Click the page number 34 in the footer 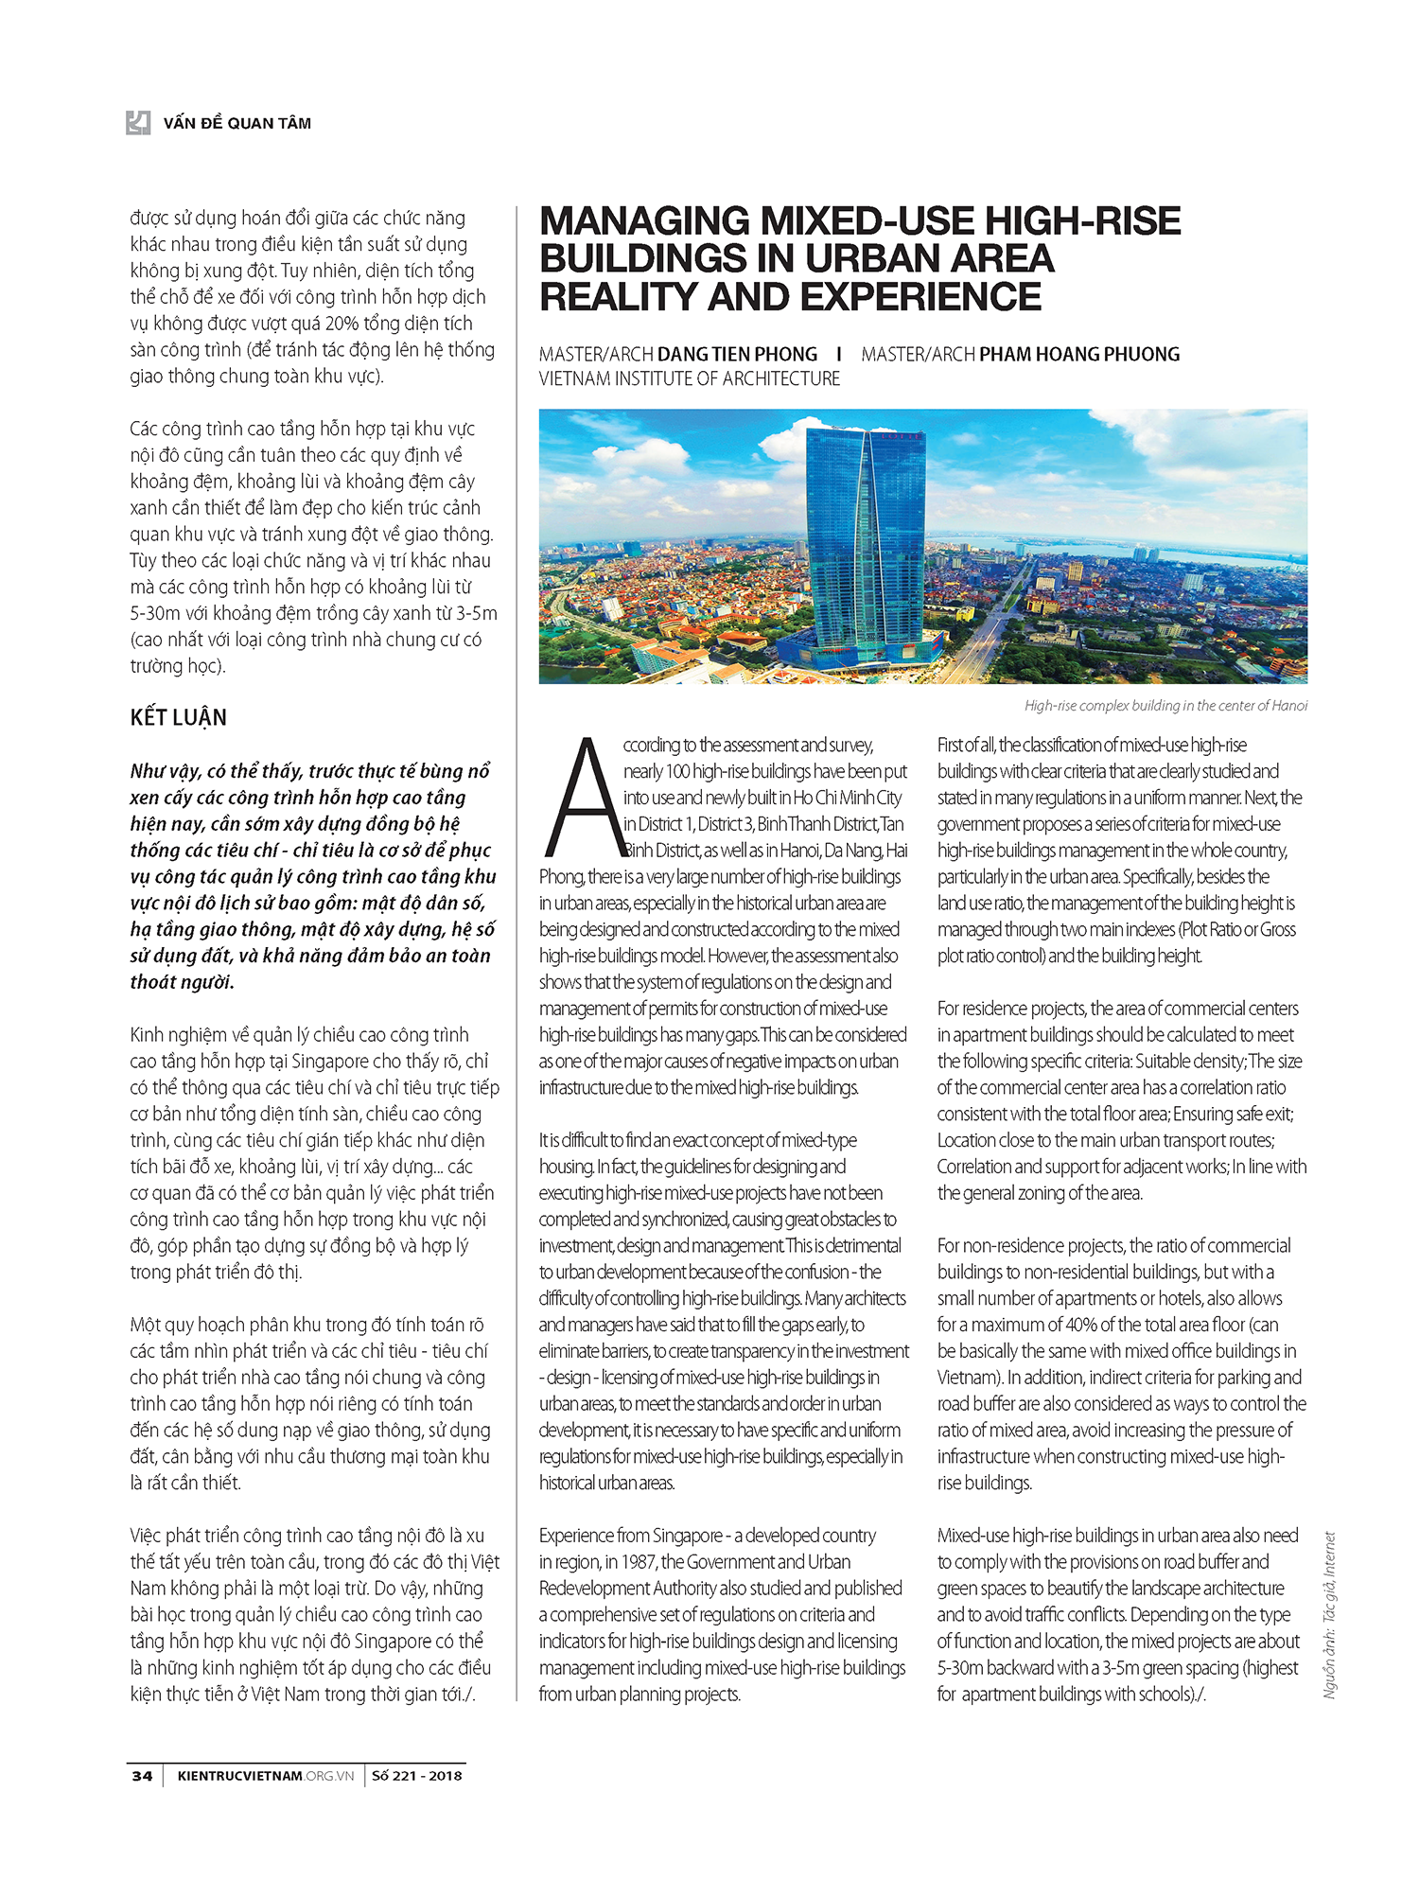142,1776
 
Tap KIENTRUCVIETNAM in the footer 239,1776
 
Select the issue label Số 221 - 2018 416,1776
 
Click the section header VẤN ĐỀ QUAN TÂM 236,123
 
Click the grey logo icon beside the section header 138,122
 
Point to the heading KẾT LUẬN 179,717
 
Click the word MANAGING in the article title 645,221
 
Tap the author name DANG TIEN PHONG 737,355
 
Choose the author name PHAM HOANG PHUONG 1079,355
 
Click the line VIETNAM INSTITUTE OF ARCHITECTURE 690,379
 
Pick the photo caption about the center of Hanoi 1165,706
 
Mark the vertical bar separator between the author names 839,354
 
